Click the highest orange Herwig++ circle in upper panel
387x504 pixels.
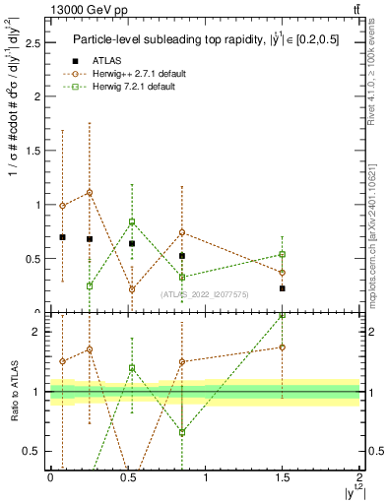(x=90, y=193)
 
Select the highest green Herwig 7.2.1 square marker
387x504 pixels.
(x=132, y=221)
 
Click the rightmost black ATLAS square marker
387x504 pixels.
(x=283, y=288)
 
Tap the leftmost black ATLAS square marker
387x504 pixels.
(x=63, y=237)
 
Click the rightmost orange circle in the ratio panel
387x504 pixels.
(x=283, y=347)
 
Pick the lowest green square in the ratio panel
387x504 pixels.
(x=182, y=432)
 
